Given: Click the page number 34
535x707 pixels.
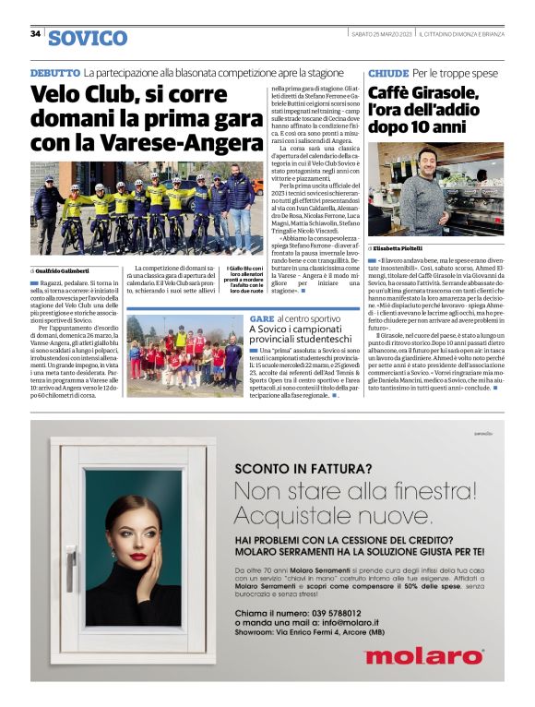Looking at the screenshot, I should point(35,35).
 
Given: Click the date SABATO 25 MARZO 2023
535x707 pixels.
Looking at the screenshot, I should point(381,34).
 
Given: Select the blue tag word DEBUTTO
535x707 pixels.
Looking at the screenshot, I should point(54,72).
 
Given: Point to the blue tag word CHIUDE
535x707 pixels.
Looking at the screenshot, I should point(387,72).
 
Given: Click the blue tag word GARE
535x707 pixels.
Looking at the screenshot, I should point(261,318).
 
